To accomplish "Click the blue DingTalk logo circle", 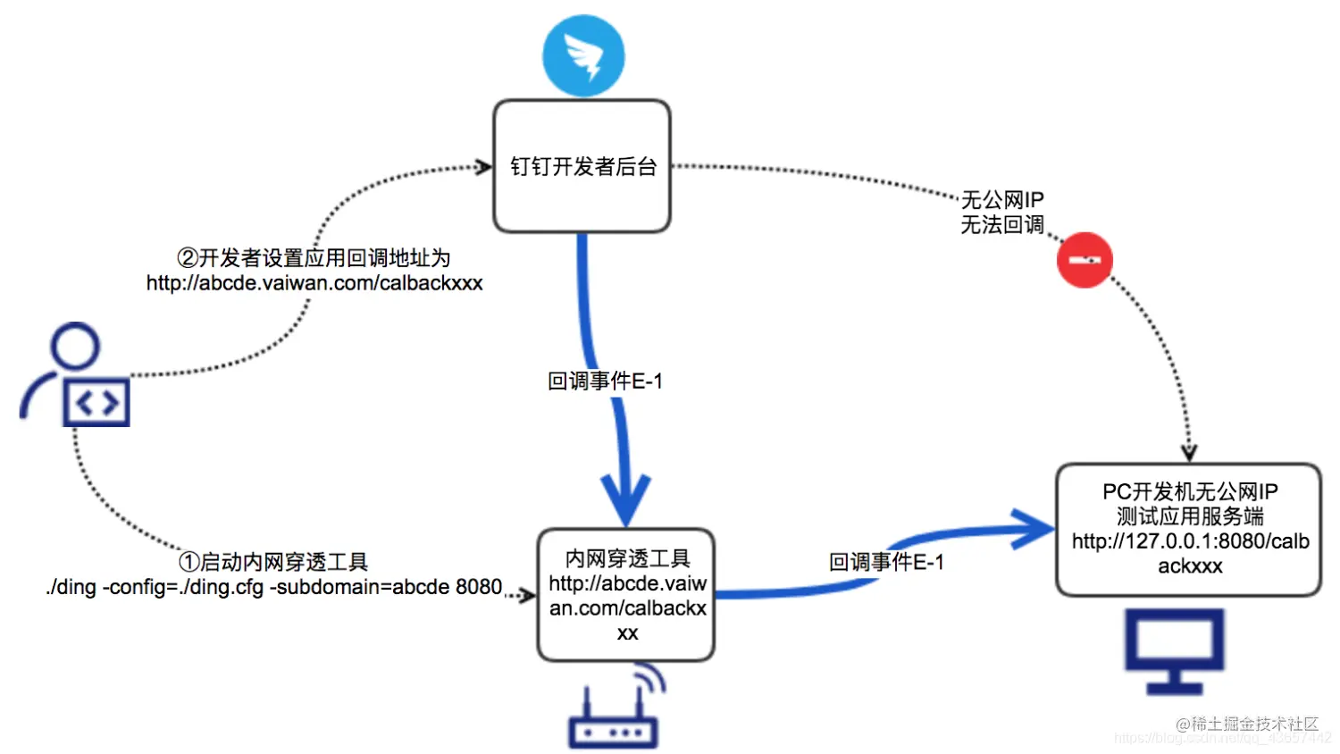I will click(583, 55).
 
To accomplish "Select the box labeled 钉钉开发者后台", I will click(582, 166).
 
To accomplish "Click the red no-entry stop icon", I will click(1085, 260).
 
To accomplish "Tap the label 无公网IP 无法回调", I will click(1001, 213).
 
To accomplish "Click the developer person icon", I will click(77, 375).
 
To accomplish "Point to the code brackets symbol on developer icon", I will click(96, 404).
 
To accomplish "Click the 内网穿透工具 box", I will click(626, 595).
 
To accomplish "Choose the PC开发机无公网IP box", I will click(1188, 529).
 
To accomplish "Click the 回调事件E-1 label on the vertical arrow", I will click(605, 381).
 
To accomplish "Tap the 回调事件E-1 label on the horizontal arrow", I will click(886, 562).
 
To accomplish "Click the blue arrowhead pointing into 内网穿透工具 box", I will click(625, 502).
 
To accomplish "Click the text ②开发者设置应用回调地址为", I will click(314, 258).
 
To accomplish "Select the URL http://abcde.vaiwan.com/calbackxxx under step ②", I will click(314, 283).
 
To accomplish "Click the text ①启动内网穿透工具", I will click(273, 562).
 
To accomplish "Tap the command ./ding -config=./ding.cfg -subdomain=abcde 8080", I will click(274, 587).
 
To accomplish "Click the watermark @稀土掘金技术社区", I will click(1247, 724).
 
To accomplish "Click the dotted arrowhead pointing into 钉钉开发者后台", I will click(483, 167).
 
